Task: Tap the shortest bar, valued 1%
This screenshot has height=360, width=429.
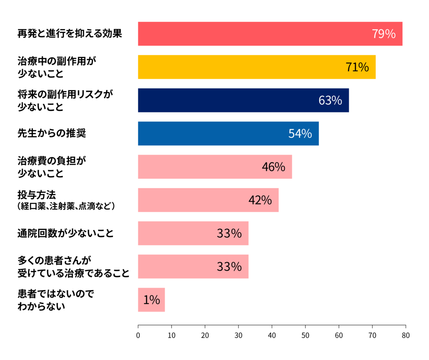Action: coord(151,300)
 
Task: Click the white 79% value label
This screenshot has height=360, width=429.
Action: coord(383,34)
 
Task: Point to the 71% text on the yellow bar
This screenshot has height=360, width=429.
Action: coord(357,68)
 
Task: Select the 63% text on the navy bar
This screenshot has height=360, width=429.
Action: coord(330,101)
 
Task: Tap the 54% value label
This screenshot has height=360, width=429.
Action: coord(300,134)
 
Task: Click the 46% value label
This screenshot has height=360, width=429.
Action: coord(273,167)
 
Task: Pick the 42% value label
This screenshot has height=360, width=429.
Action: coord(260,200)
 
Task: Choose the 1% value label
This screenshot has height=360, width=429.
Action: coord(151,300)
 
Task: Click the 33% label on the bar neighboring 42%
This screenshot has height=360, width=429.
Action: coord(229,234)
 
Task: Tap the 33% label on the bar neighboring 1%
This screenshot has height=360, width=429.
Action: coord(229,267)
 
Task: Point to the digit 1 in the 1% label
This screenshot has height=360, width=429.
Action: coord(146,300)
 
